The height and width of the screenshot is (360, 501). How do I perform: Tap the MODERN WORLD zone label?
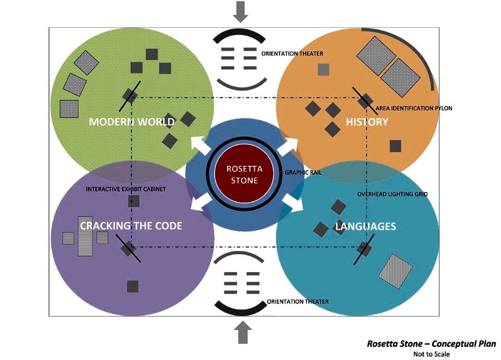pos(131,122)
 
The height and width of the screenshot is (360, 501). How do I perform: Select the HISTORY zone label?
pos(367,122)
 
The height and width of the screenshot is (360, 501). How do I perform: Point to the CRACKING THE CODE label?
pos(131,226)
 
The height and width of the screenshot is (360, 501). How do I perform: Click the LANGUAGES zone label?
pos(366,226)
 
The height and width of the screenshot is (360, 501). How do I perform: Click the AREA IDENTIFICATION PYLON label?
pos(414,108)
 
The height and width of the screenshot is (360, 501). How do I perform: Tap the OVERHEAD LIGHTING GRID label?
pos(389,194)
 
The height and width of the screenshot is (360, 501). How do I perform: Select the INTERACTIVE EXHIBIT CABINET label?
pos(126,189)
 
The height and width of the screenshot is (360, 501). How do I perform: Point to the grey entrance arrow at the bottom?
pos(242,333)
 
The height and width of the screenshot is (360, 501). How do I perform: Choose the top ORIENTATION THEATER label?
pos(292,54)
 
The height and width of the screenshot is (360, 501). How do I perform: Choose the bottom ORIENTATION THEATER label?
pos(297,302)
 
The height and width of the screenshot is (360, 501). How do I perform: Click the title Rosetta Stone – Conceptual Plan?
pos(431,344)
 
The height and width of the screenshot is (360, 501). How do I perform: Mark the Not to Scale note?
pos(431,354)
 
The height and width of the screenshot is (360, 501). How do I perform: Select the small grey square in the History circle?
pos(323,70)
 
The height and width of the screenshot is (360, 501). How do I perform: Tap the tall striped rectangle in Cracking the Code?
pos(85,236)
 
